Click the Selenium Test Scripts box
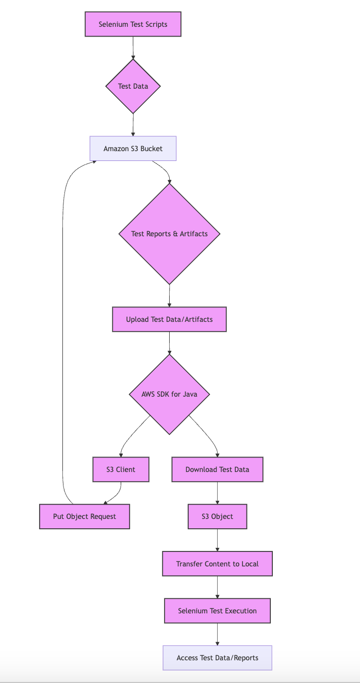click(133, 24)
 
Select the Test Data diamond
click(133, 86)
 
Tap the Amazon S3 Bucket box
click(133, 149)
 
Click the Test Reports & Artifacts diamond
click(169, 234)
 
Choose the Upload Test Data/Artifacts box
click(169, 319)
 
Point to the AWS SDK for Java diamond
click(169, 394)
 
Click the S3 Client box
click(121, 469)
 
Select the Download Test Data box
click(217, 469)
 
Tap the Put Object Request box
click(85, 516)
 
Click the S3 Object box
click(217, 516)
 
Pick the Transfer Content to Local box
click(217, 564)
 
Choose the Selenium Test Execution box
click(217, 611)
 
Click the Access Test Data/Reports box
click(217, 658)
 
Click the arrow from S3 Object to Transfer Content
click(217, 540)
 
